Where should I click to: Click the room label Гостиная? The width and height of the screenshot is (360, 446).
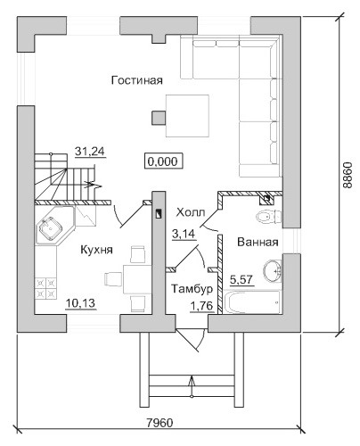(x=137, y=80)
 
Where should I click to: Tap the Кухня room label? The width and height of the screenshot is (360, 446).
(x=97, y=250)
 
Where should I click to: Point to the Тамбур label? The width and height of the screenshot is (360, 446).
(x=192, y=289)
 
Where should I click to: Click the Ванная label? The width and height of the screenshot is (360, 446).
(x=258, y=242)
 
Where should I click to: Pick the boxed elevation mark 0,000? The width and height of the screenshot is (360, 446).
(x=163, y=161)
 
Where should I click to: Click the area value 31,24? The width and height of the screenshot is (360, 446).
(x=90, y=152)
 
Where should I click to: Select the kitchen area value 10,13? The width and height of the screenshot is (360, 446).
(x=80, y=303)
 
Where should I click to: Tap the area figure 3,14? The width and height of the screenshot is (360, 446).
(x=184, y=234)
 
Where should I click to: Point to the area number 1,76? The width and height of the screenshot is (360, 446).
(x=202, y=306)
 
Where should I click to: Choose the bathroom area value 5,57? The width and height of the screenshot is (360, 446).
(x=242, y=280)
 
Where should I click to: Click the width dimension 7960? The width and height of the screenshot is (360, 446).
(x=160, y=423)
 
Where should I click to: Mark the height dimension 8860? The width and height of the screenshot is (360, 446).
(x=347, y=175)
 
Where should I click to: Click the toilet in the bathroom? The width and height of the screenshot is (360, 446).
(x=269, y=216)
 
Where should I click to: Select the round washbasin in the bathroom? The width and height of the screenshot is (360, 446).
(x=272, y=270)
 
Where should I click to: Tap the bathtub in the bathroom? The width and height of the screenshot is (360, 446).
(x=252, y=302)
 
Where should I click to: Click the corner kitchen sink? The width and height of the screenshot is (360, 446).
(x=51, y=228)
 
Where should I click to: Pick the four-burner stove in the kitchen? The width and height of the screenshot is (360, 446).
(x=45, y=288)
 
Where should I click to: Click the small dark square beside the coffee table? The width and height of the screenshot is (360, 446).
(x=159, y=118)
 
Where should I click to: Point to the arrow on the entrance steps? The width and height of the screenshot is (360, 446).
(x=192, y=385)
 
